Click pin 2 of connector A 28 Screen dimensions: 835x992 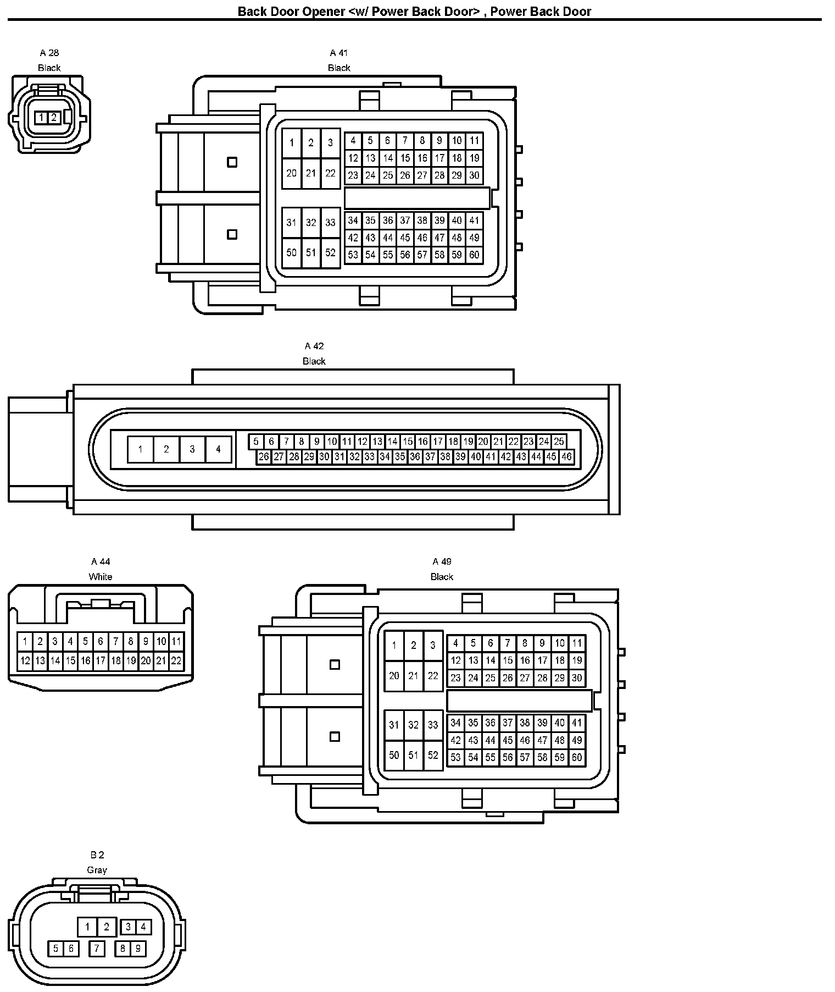[54, 117]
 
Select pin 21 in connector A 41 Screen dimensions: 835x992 [311, 173]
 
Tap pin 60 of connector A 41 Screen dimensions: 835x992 [474, 255]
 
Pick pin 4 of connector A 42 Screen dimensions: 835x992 [218, 449]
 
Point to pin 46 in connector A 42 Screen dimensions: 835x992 [566, 456]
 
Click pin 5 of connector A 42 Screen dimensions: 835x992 [256, 442]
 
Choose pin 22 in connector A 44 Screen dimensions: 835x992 [176, 660]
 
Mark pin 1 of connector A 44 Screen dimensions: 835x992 [25, 641]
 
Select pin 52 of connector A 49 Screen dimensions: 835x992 [433, 755]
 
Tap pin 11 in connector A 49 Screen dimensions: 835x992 [577, 643]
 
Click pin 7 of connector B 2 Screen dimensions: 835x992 [97, 948]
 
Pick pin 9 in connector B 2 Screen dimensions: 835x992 [138, 948]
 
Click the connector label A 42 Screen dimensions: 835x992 [314, 346]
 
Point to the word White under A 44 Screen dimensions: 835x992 [101, 577]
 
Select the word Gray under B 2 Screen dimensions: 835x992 [97, 870]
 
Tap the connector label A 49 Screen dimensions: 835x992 [442, 561]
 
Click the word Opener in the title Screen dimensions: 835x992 [324, 12]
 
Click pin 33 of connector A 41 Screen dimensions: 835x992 [330, 223]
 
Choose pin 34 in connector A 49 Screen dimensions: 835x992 [455, 723]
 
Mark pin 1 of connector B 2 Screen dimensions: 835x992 [87, 927]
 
